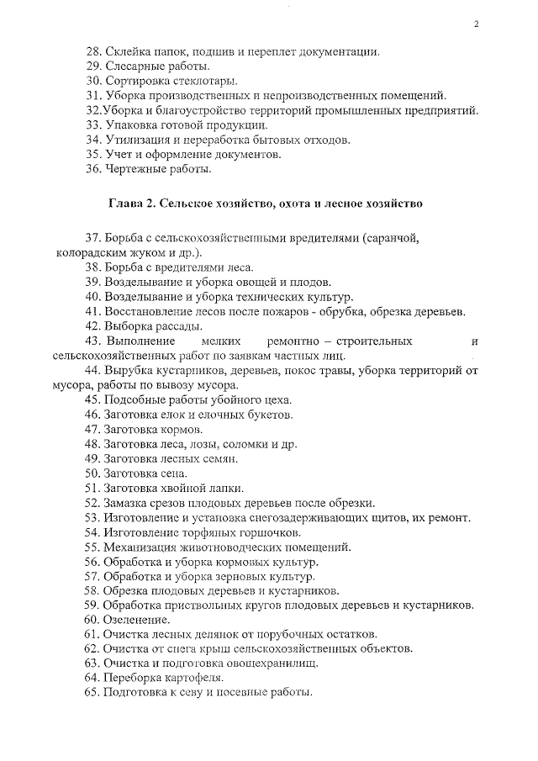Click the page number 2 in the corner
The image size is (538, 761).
tap(476, 24)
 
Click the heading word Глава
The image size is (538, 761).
tap(126, 203)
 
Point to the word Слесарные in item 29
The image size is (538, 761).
tap(136, 66)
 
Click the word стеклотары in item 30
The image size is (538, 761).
tap(208, 82)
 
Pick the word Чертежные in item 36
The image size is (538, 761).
tap(136, 169)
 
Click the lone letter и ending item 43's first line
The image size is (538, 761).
tap(476, 341)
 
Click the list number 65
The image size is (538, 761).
tap(93, 693)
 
